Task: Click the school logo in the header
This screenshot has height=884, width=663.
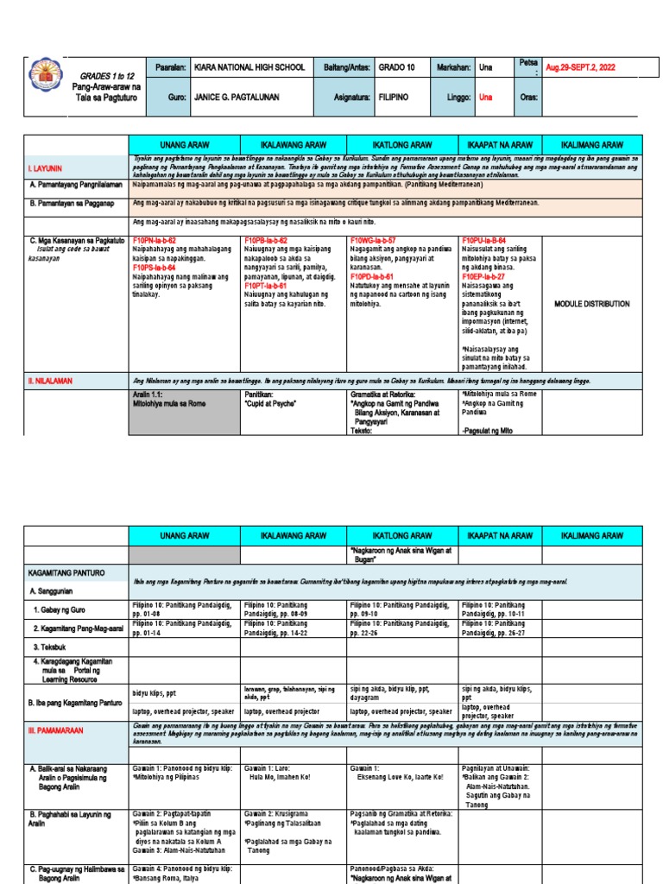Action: point(45,80)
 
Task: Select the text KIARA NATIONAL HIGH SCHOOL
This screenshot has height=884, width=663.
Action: point(248,67)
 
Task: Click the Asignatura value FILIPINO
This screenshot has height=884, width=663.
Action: point(395,98)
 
